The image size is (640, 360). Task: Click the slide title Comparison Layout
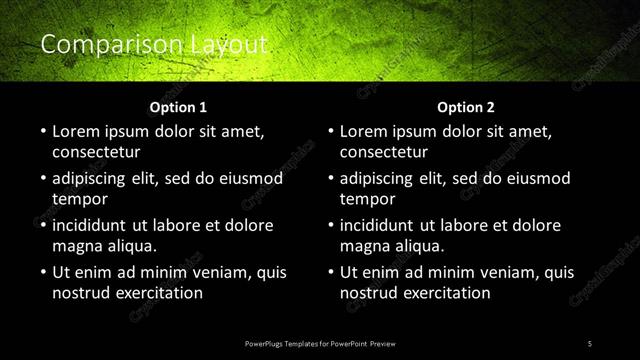(153, 44)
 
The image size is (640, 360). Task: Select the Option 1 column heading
(178, 107)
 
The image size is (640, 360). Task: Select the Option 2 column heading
(466, 107)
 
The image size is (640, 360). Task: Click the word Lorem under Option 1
(76, 131)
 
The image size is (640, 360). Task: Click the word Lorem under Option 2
(364, 131)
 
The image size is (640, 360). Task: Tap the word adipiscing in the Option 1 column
(93, 178)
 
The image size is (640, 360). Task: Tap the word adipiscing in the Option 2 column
(381, 178)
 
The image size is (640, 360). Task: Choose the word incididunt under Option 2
(382, 225)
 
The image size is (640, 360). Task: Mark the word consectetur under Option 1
(96, 152)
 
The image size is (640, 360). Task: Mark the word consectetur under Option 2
(384, 152)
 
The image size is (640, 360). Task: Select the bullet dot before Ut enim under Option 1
(42, 272)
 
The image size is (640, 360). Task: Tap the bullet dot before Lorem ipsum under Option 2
(330, 131)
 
